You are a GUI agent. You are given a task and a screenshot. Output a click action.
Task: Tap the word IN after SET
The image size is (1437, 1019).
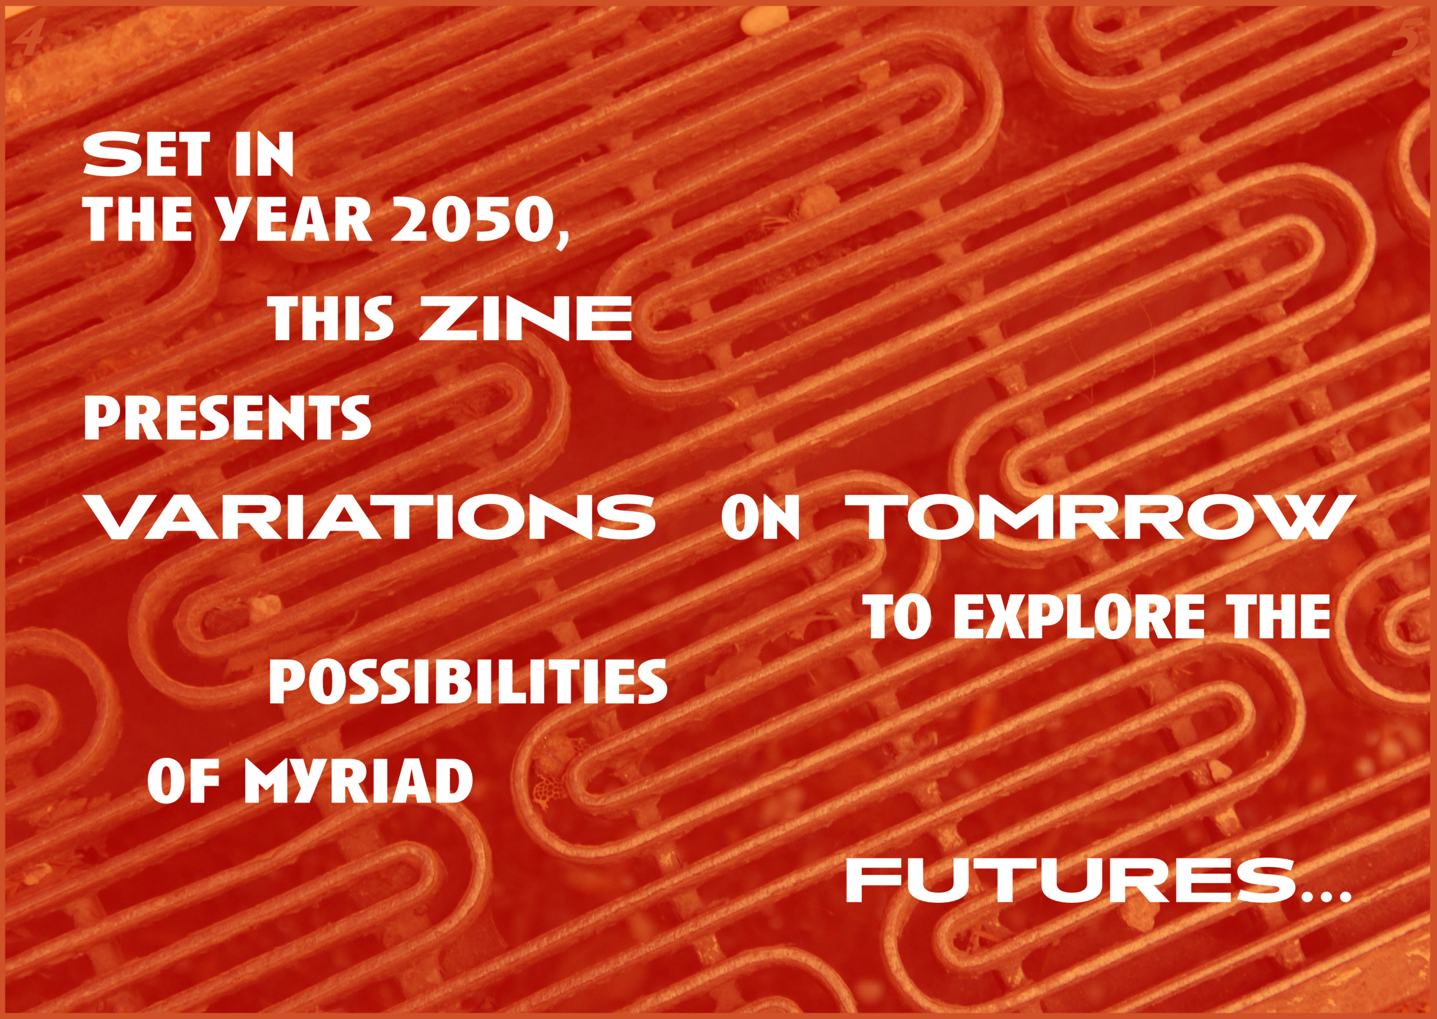(264, 154)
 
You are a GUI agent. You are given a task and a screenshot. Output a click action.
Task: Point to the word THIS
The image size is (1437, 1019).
(332, 319)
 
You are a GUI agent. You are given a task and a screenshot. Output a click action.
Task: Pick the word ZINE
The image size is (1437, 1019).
(526, 319)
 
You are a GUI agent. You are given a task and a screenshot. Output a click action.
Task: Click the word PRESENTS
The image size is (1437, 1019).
(227, 417)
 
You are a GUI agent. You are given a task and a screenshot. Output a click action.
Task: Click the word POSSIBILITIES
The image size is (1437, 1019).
(468, 682)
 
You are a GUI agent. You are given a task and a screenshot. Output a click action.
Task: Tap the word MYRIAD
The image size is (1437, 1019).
(358, 781)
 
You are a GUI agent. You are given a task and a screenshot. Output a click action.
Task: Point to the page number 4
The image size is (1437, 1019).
(28, 38)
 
